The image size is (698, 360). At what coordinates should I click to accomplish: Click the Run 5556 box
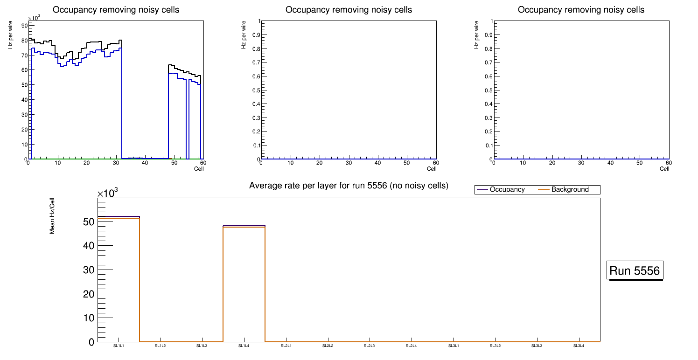[635, 270]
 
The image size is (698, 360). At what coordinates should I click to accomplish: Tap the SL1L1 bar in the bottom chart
[119, 280]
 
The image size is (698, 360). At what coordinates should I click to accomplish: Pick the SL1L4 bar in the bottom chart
[244, 284]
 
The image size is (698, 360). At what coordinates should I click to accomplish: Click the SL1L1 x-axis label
[119, 346]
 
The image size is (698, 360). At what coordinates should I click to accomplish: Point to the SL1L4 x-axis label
[244, 346]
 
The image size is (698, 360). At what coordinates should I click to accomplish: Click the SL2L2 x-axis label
[328, 346]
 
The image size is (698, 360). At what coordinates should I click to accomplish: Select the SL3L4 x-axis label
[579, 346]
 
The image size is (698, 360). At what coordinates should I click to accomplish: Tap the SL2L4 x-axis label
[412, 346]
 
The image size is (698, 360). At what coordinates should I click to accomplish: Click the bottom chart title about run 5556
[349, 186]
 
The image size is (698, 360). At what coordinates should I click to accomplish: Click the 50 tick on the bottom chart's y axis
[89, 222]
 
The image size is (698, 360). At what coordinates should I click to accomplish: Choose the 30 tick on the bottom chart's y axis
[89, 270]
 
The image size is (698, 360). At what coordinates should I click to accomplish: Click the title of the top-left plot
[116, 10]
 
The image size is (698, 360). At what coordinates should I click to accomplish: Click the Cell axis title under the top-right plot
[664, 169]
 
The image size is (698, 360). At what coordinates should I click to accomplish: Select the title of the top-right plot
[581, 10]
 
